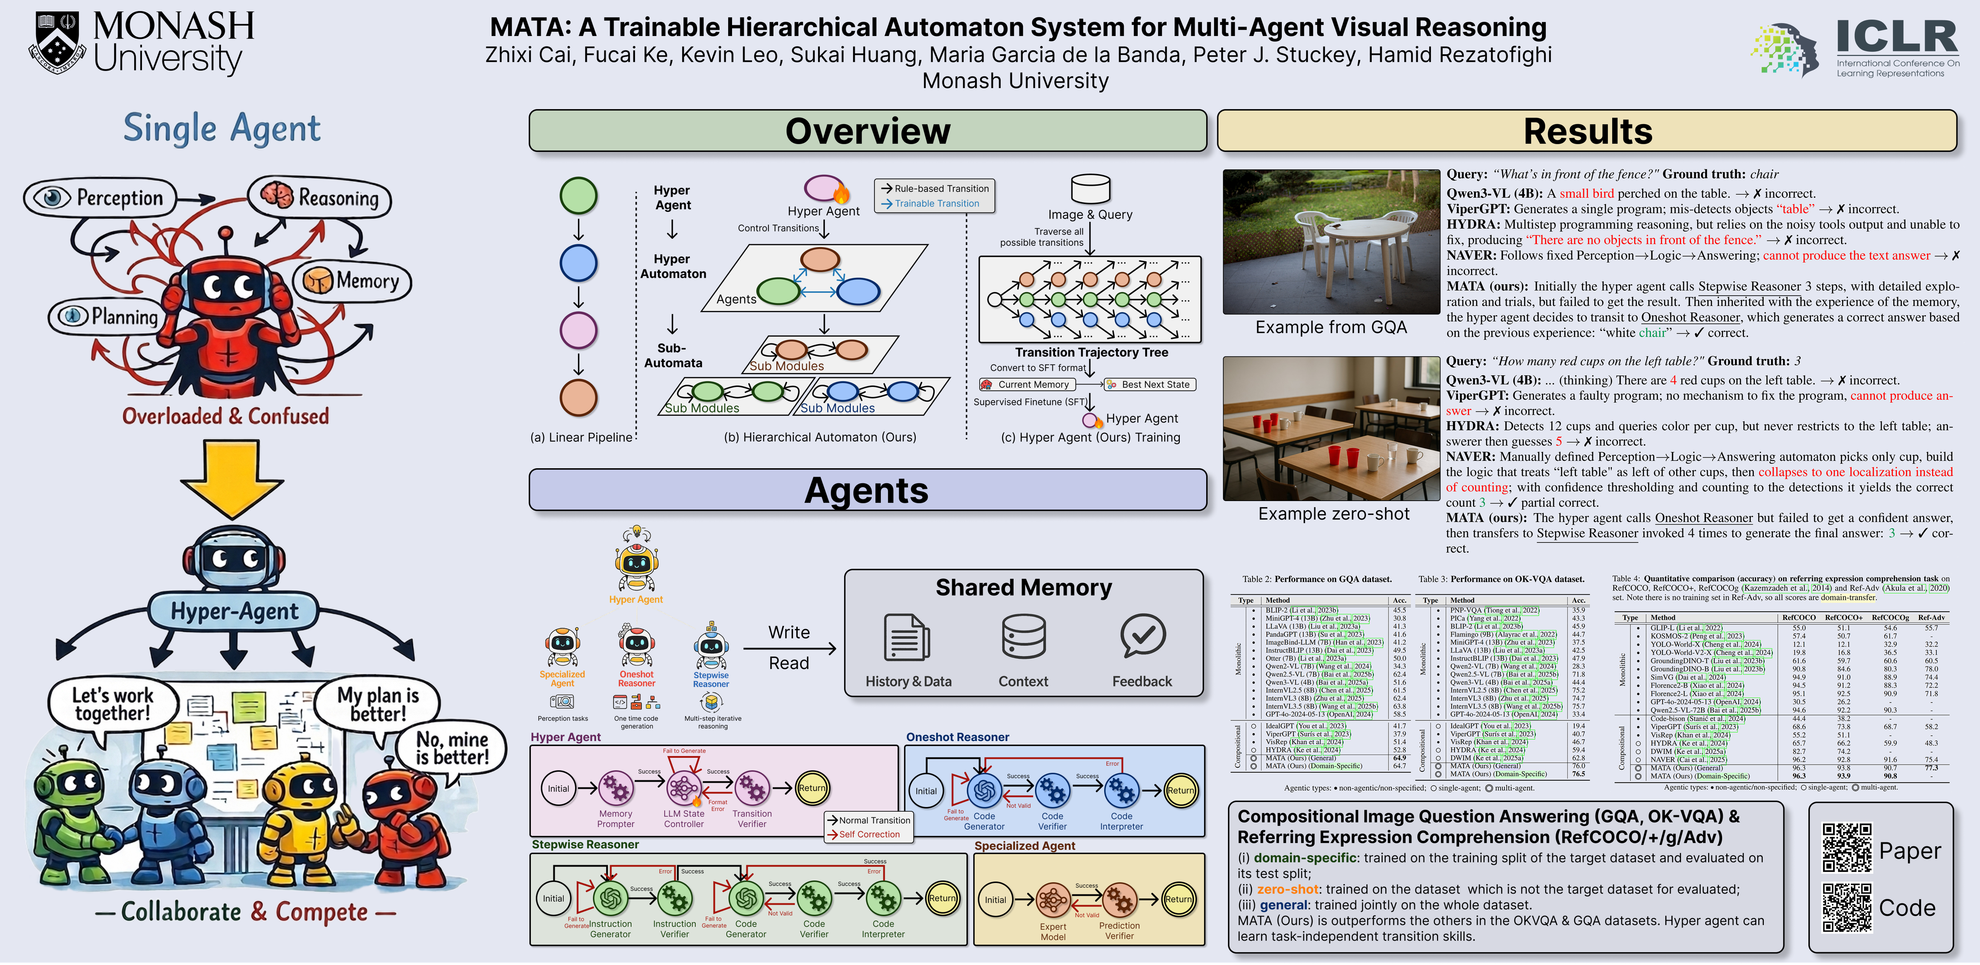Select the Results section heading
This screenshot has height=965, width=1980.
(1587, 131)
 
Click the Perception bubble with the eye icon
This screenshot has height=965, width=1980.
(100, 198)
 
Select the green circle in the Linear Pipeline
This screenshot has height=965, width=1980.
(579, 195)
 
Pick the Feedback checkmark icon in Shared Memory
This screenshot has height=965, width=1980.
(1142, 636)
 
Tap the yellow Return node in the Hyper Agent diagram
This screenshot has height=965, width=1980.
(812, 788)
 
